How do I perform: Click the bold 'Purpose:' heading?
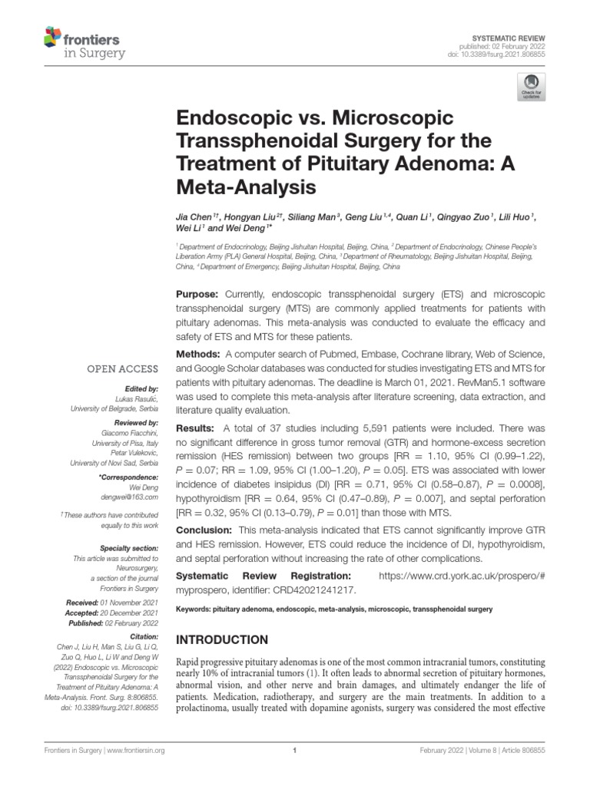[x=198, y=295]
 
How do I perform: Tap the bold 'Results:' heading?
[x=197, y=427]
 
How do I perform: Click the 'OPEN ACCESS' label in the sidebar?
[x=124, y=369]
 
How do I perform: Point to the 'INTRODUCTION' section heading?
[x=223, y=639]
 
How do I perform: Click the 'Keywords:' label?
[x=195, y=609]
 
